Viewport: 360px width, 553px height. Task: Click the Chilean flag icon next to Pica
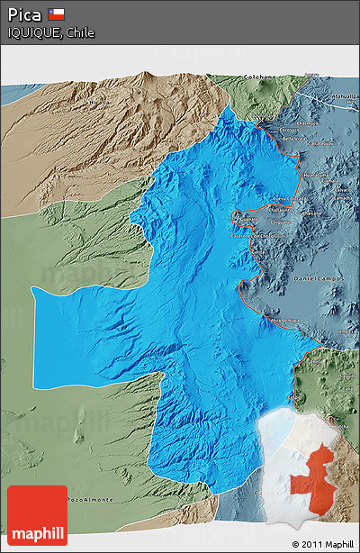pyautogui.click(x=56, y=14)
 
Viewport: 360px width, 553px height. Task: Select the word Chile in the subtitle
pyautogui.click(x=79, y=32)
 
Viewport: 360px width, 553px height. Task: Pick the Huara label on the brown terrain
pyautogui.click(x=98, y=102)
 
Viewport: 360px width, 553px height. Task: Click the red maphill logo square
pyautogui.click(x=37, y=515)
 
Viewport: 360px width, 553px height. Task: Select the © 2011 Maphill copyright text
pyautogui.click(x=322, y=544)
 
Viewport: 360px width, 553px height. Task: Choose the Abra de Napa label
pyautogui.click(x=283, y=320)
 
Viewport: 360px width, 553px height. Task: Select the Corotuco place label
pyautogui.click(x=293, y=132)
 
